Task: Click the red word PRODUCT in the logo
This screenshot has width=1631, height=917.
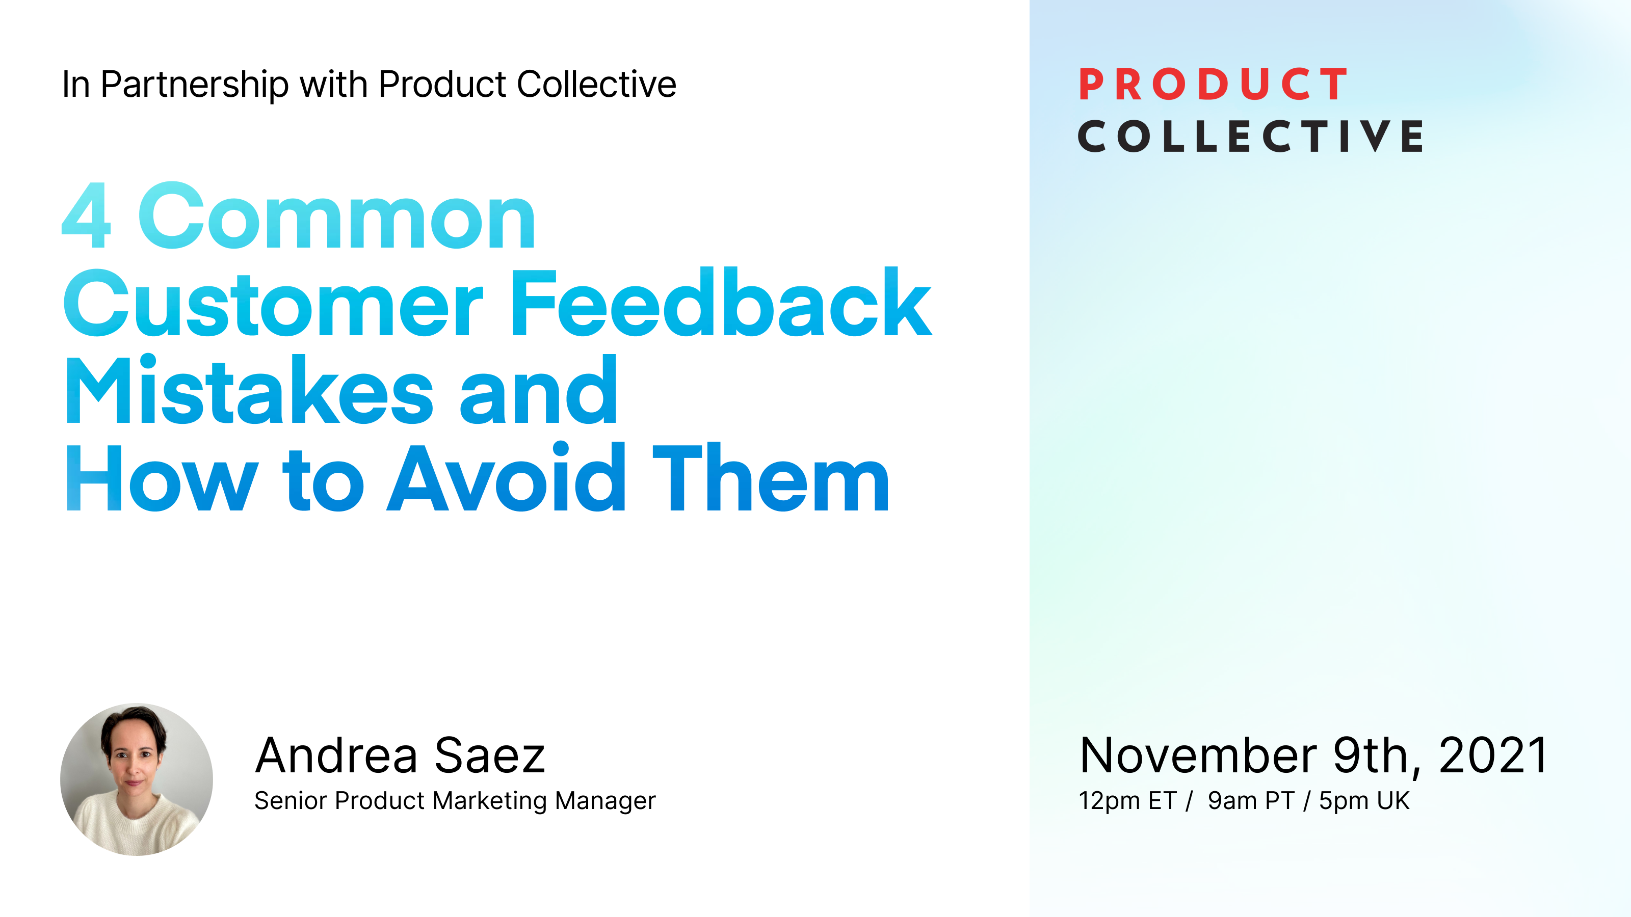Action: point(1213,85)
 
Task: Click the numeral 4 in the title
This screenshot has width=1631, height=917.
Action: point(87,216)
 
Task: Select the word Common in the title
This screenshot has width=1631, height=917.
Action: point(337,216)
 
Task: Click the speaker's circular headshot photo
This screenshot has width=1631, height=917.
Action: point(137,779)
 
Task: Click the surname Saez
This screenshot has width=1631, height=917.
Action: point(489,756)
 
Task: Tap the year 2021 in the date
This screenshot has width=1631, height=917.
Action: point(1493,756)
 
